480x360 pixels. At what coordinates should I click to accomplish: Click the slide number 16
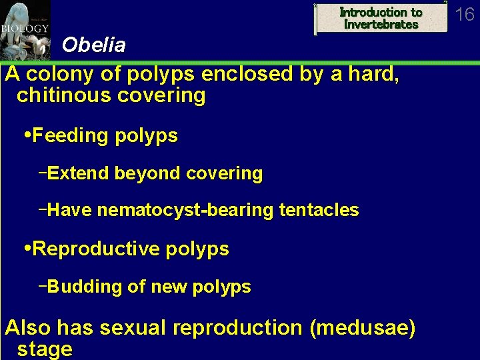tap(464, 14)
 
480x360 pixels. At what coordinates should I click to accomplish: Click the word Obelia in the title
tap(93, 45)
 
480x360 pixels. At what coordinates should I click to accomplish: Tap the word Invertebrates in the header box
tap(381, 25)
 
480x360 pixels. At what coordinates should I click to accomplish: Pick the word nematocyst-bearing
tap(185, 211)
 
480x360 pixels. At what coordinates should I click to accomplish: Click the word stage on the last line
tap(45, 349)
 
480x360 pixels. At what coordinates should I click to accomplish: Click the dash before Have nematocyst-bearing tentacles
tap(43, 209)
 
